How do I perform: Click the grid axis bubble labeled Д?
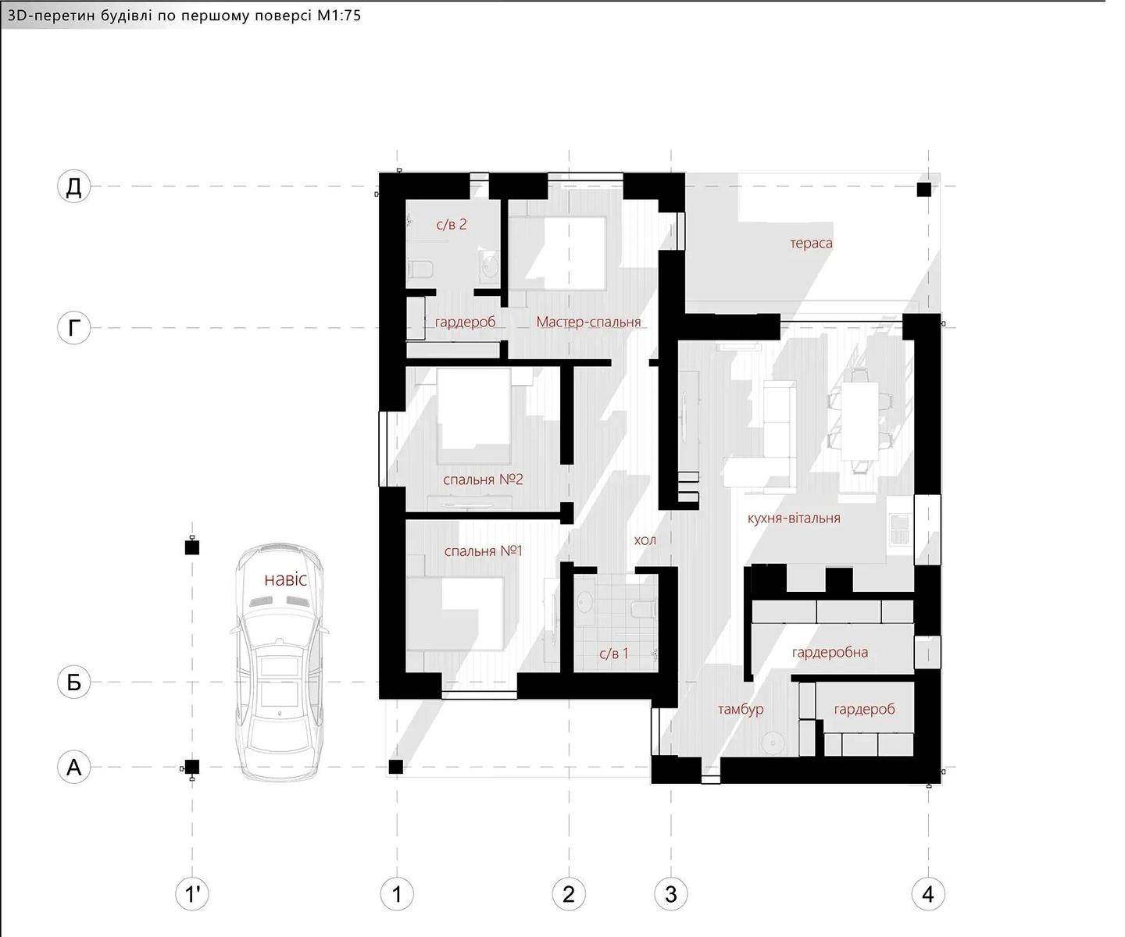[x=73, y=187]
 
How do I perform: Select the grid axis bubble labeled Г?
[x=73, y=327]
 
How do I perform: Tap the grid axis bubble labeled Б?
[x=73, y=682]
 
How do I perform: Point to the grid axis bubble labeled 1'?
[x=192, y=895]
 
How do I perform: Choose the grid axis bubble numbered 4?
[x=928, y=895]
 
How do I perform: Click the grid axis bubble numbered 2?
[x=569, y=895]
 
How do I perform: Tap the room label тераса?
[x=811, y=244]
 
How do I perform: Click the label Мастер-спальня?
[x=588, y=322]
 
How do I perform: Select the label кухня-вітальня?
[x=794, y=518]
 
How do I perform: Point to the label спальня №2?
[x=483, y=479]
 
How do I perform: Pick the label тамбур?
[x=741, y=709]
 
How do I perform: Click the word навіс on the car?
[x=286, y=579]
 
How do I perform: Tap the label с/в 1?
[x=614, y=654]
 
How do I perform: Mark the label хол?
[x=645, y=540]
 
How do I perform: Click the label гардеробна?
[x=830, y=653]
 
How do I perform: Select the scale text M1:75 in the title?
[x=339, y=15]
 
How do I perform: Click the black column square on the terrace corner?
[x=924, y=189]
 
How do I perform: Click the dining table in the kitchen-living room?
[x=860, y=421]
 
